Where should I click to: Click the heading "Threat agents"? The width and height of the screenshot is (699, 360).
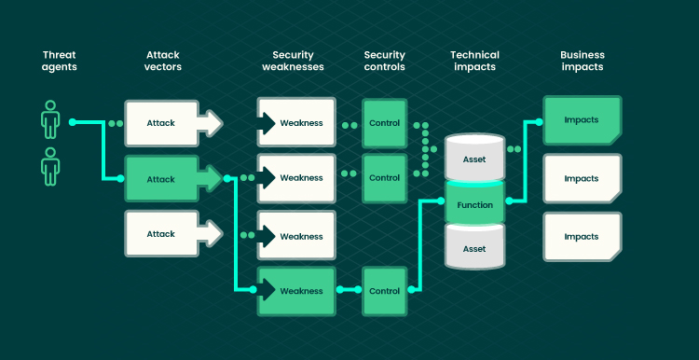(x=60, y=62)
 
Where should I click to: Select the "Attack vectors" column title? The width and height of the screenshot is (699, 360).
(x=163, y=62)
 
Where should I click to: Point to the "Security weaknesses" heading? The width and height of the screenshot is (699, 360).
(x=293, y=62)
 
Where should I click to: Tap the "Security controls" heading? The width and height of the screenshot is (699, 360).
(x=384, y=62)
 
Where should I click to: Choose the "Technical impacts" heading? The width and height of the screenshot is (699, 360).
(x=474, y=62)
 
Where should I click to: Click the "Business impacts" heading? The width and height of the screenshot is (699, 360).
(x=582, y=62)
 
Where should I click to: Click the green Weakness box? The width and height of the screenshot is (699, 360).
(x=296, y=291)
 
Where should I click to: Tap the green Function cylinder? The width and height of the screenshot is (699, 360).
(x=474, y=203)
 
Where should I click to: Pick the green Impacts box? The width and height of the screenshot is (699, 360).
(x=582, y=120)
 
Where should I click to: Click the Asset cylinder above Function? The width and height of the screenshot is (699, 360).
(x=474, y=156)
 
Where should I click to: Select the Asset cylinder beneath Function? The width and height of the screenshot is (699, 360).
(x=474, y=246)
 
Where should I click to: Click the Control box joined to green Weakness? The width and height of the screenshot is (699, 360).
(x=385, y=291)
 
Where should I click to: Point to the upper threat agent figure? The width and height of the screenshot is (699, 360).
(x=50, y=119)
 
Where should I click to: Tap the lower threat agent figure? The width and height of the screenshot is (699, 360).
(x=50, y=166)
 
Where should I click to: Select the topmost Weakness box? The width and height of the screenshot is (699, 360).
(x=296, y=123)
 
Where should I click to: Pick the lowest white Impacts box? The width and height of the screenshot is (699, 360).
(x=582, y=237)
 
